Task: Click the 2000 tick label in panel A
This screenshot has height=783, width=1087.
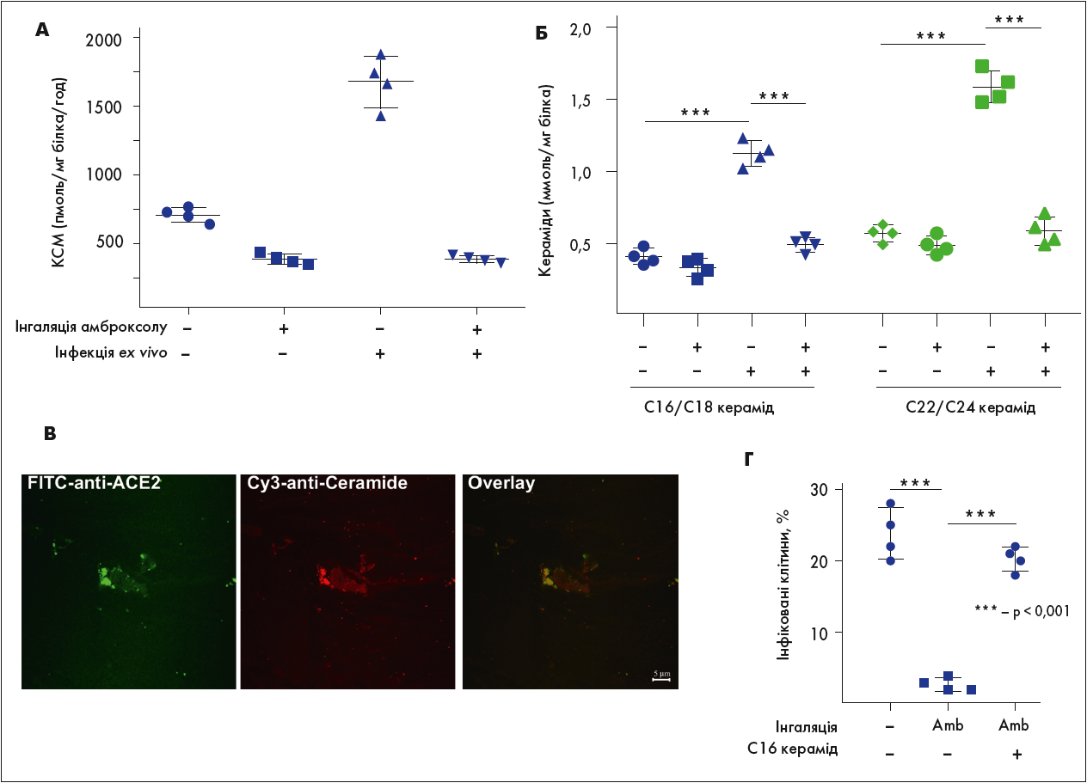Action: [x=112, y=40]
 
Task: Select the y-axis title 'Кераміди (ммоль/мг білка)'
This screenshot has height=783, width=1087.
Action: [x=545, y=180]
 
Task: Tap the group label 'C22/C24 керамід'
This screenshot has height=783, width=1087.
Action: [x=970, y=407]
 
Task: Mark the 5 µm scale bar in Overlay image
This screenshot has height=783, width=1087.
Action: [x=660, y=676]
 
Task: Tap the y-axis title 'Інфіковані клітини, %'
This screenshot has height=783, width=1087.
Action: [x=784, y=596]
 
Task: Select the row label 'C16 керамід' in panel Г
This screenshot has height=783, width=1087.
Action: [x=791, y=749]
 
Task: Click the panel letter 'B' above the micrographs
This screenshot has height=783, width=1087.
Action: [x=50, y=434]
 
